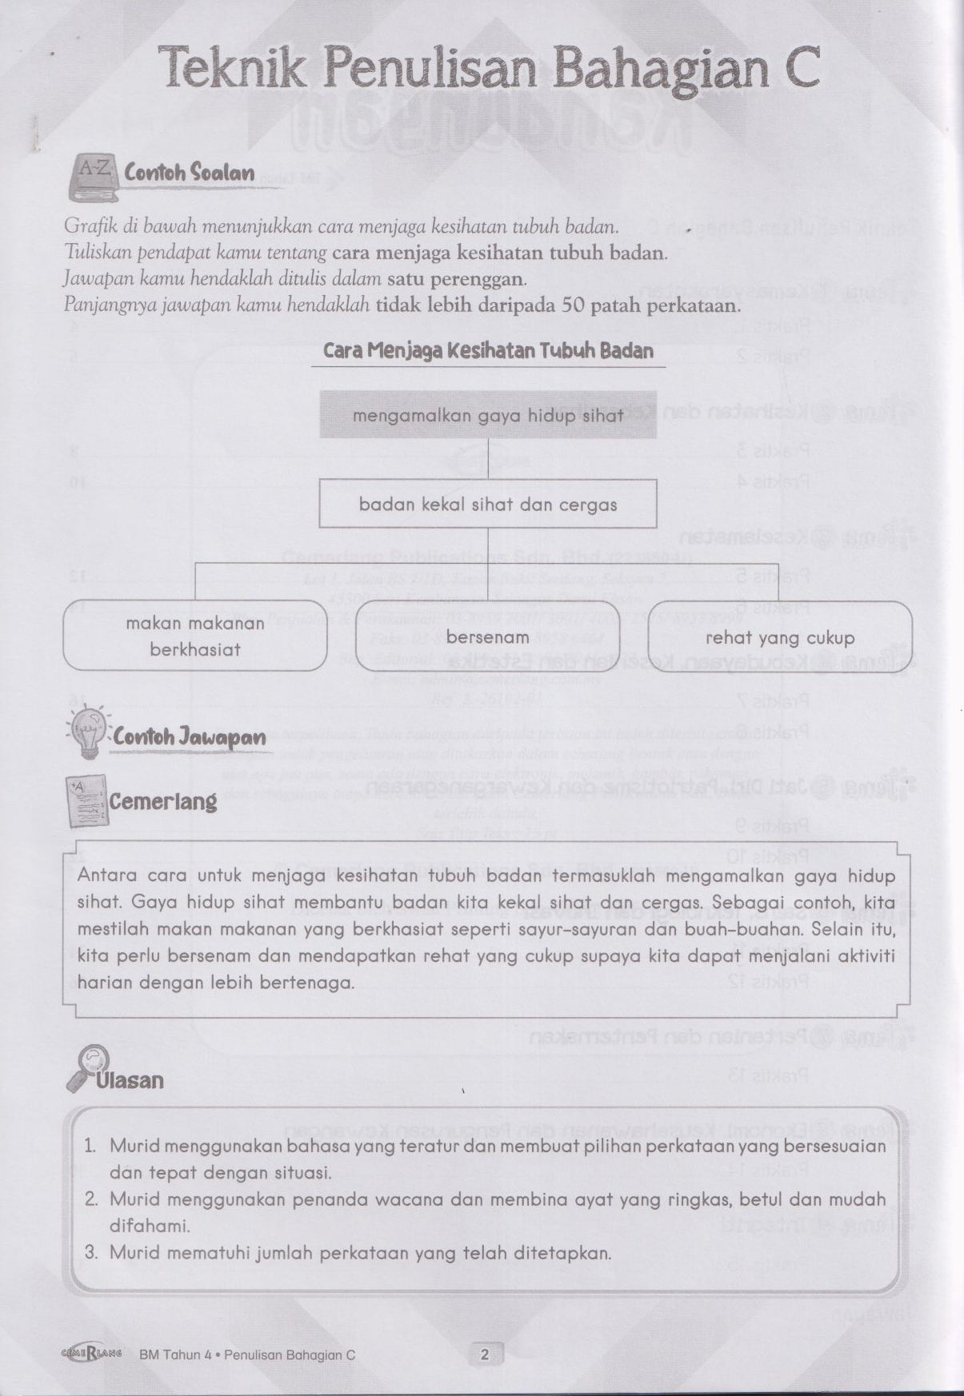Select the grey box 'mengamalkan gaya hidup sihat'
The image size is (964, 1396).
488,416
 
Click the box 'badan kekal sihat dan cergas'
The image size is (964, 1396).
488,505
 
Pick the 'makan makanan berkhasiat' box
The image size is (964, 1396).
194,636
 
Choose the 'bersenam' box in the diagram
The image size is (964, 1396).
488,637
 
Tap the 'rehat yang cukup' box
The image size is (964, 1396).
780,637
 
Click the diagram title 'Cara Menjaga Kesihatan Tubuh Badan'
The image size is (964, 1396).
488,351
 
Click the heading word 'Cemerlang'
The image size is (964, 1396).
163,801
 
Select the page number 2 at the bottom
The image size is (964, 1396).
484,1354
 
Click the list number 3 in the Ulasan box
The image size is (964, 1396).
91,1253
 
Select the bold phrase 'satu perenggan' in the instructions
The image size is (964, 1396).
457,279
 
